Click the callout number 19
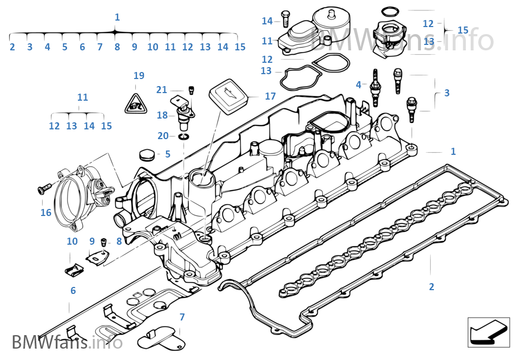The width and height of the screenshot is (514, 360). click(x=139, y=75)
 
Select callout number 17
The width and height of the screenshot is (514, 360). click(x=270, y=96)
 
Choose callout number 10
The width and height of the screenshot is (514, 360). click(x=72, y=241)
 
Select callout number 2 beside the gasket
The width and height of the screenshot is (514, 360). click(x=431, y=286)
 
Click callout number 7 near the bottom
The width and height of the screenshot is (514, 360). click(x=182, y=317)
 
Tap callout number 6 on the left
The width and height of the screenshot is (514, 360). click(x=73, y=291)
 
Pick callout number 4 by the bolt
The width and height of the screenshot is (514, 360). click(x=358, y=84)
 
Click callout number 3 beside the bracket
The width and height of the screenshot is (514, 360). click(x=446, y=93)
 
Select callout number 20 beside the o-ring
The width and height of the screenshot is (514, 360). click(x=163, y=136)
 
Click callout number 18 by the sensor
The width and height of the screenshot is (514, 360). click(x=162, y=115)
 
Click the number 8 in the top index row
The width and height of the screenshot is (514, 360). click(x=117, y=47)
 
